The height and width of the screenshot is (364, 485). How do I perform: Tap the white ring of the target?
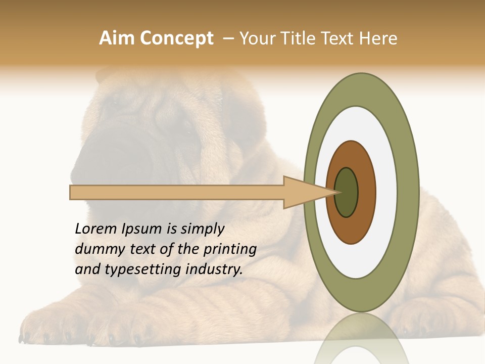(x=386, y=192)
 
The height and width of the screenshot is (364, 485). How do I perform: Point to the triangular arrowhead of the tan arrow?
(x=303, y=193)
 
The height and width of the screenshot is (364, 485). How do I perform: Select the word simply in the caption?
(x=202, y=229)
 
